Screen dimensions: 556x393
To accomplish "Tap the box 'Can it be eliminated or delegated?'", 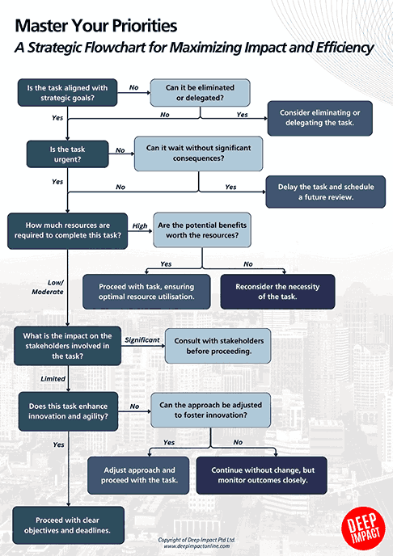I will click(x=200, y=91).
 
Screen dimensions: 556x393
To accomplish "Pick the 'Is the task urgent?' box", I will click(x=67, y=154).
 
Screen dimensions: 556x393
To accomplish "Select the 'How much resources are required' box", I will click(x=68, y=230).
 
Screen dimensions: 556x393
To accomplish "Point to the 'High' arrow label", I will click(x=139, y=226).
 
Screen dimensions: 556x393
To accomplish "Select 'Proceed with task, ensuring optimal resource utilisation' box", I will click(x=146, y=292).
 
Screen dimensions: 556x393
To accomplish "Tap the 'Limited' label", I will click(x=53, y=377).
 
